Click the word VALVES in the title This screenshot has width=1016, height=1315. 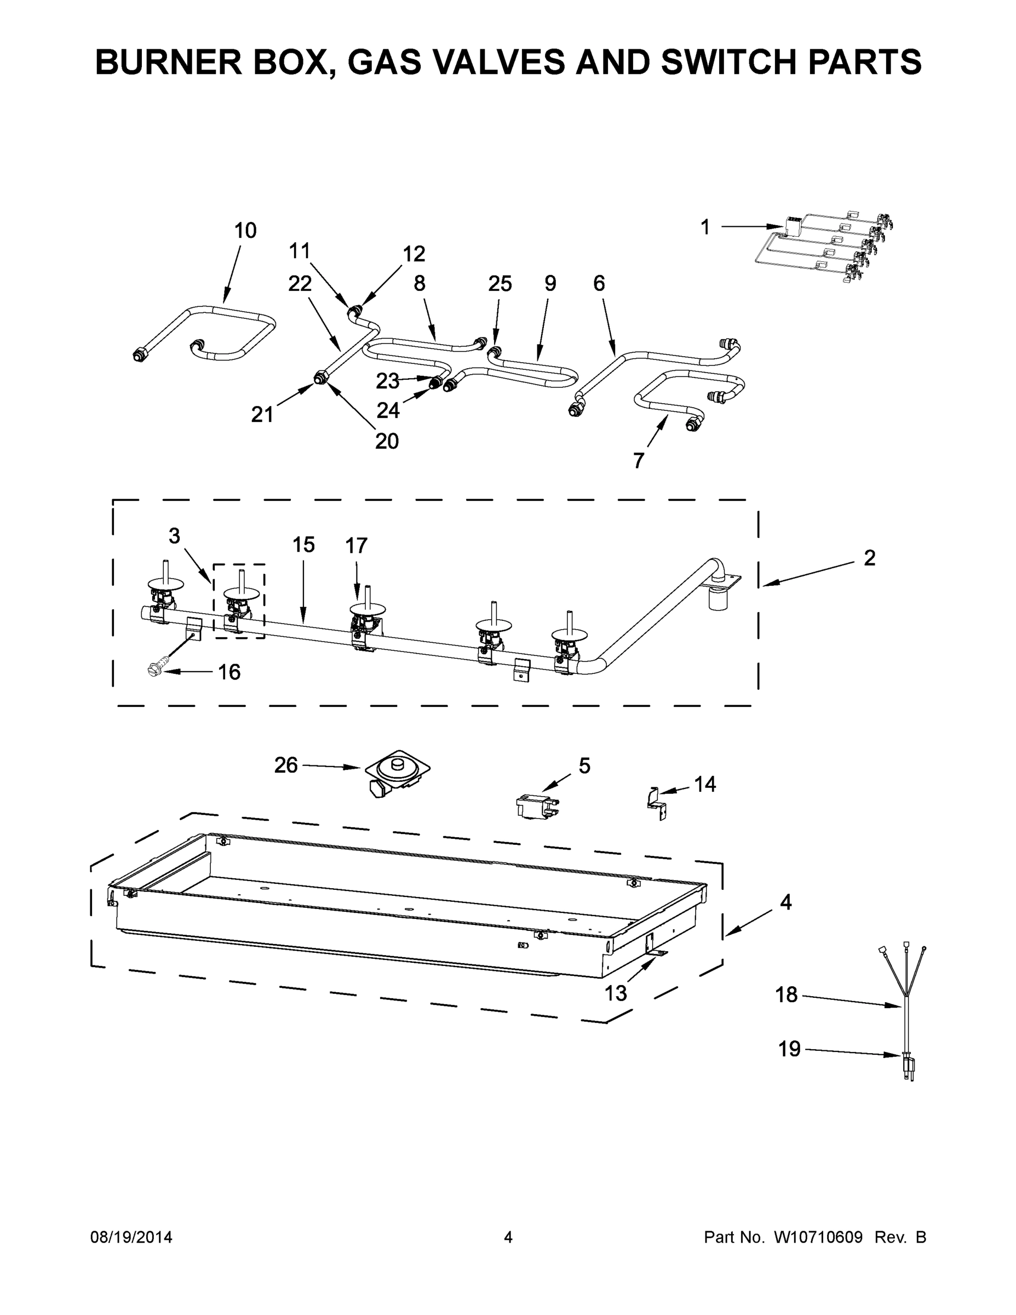[498, 62]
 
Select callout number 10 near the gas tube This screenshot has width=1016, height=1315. [245, 230]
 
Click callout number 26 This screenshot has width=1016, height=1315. [286, 765]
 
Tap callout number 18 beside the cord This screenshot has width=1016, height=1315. [786, 994]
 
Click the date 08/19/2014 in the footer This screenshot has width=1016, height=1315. [131, 1237]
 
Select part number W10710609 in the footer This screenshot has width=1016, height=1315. [818, 1237]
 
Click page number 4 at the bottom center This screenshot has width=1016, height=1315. [508, 1237]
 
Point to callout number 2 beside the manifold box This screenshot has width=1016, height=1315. [869, 558]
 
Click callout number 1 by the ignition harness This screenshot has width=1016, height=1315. [705, 227]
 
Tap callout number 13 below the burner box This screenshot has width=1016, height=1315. [616, 993]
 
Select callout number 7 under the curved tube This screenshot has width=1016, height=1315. [639, 461]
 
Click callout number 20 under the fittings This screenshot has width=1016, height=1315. [387, 441]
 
